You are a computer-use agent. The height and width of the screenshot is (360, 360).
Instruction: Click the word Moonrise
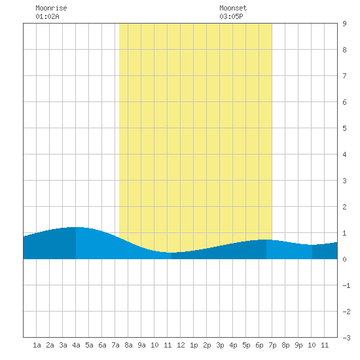coord(51,8)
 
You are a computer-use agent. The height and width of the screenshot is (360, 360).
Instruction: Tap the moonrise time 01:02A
coord(47,16)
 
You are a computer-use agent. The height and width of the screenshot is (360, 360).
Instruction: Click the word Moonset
coord(233,8)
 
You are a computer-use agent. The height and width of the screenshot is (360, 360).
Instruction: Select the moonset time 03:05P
coord(231,16)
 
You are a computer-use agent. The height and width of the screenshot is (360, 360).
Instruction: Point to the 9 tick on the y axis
coord(344,24)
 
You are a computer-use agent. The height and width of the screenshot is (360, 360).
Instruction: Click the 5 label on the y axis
coord(344,128)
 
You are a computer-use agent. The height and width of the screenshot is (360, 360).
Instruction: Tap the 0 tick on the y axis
coord(344,259)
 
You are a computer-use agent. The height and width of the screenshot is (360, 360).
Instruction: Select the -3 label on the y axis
coord(346,338)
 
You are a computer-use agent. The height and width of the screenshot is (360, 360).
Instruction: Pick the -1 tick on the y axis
coord(346,285)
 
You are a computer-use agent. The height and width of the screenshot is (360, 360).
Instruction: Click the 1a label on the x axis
coord(37,345)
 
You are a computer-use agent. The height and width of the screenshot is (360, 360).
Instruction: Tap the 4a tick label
coord(76,345)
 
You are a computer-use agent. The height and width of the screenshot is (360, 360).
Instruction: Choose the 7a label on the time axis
coord(115,345)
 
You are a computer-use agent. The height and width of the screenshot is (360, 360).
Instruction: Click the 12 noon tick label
coord(181,345)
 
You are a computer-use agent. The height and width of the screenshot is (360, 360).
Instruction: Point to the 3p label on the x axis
coord(220,345)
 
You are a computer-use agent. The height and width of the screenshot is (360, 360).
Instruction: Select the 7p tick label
coord(272,345)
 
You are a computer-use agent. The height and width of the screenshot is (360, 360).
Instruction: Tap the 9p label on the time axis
coord(298,345)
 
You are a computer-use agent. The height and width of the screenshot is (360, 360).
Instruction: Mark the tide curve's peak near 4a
coord(76,227)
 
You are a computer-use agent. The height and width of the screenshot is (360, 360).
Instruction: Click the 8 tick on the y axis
coord(344,50)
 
